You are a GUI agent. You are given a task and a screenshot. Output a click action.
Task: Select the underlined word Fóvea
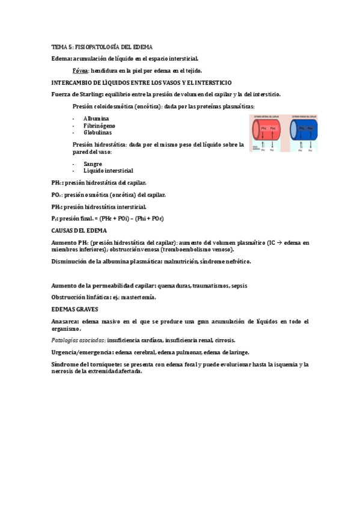81,70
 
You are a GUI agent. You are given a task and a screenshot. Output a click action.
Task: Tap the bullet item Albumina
96,118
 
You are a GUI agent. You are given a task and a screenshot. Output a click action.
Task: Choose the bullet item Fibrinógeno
100,125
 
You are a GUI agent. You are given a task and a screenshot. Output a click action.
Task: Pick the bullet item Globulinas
98,132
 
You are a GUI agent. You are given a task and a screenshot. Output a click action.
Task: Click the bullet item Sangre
93,164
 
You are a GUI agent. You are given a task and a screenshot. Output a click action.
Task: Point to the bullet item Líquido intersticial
108,170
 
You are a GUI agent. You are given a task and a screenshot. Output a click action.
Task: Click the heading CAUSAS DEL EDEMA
79,230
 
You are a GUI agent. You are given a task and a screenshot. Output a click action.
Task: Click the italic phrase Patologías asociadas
75,340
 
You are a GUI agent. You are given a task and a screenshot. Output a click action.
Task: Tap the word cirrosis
224,340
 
